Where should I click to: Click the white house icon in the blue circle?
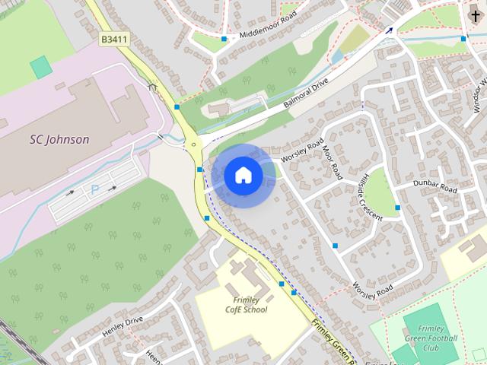pyautogui.click(x=243, y=175)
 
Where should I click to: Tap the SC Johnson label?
pyautogui.click(x=59, y=139)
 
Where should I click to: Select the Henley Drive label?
pyautogui.click(x=123, y=326)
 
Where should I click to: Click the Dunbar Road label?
pyautogui.click(x=434, y=185)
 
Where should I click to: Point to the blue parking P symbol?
pyautogui.click(x=95, y=189)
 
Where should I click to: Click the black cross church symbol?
pyautogui.click(x=476, y=14)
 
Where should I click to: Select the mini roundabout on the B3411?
pyautogui.click(x=194, y=143)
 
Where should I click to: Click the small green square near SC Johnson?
pyautogui.click(x=41, y=66)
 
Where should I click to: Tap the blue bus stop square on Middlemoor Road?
pyautogui.click(x=224, y=39)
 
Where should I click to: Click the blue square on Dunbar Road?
pyautogui.click(x=398, y=208)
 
